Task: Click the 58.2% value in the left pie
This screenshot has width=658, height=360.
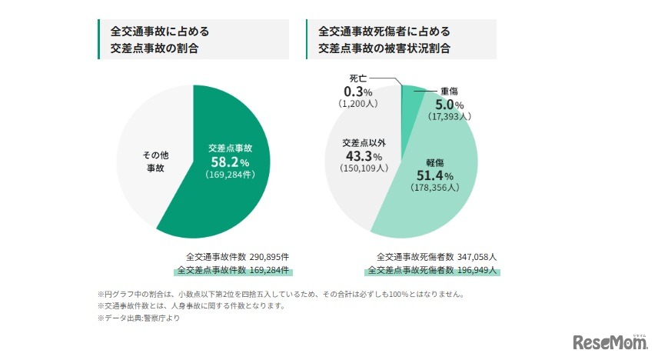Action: [x=230, y=162]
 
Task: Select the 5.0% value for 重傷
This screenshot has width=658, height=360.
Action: [x=449, y=105]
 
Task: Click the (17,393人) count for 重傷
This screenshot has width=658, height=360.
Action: [x=449, y=116]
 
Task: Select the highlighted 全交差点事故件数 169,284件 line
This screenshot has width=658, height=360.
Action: [x=232, y=270]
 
